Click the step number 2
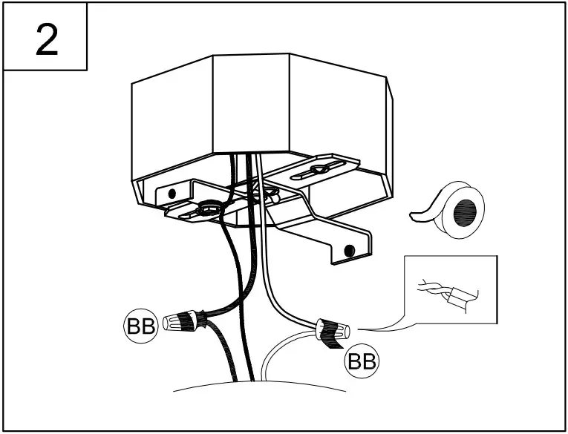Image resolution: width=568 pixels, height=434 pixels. pos(46,38)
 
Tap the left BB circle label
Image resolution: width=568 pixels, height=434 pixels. pos(140,326)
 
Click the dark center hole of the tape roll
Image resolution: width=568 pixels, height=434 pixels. pos(468,208)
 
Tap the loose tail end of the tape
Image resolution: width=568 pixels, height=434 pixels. pos(420,215)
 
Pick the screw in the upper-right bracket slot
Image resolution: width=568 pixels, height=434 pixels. pos(320,170)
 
